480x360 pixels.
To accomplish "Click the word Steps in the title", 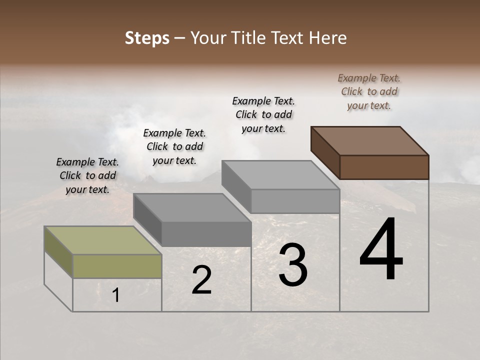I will click(x=147, y=38).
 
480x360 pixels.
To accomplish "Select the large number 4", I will click(x=381, y=250).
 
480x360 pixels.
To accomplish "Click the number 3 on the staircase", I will click(x=293, y=265).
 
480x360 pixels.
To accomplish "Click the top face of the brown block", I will click(x=370, y=141).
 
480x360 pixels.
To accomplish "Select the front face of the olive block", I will click(x=117, y=266).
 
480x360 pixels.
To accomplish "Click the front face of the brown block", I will click(x=384, y=167).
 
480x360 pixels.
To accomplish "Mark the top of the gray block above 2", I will click(x=192, y=207).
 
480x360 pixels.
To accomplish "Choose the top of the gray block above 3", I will click(x=280, y=175).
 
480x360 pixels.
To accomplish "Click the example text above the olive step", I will click(x=87, y=175).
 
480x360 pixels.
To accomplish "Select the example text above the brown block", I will click(x=369, y=91).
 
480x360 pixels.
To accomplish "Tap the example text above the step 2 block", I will click(x=174, y=146).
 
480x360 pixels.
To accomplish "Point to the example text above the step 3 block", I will click(x=263, y=114).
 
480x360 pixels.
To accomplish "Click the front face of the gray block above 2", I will click(x=206, y=234).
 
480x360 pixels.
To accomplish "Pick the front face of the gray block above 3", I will click(x=295, y=201).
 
